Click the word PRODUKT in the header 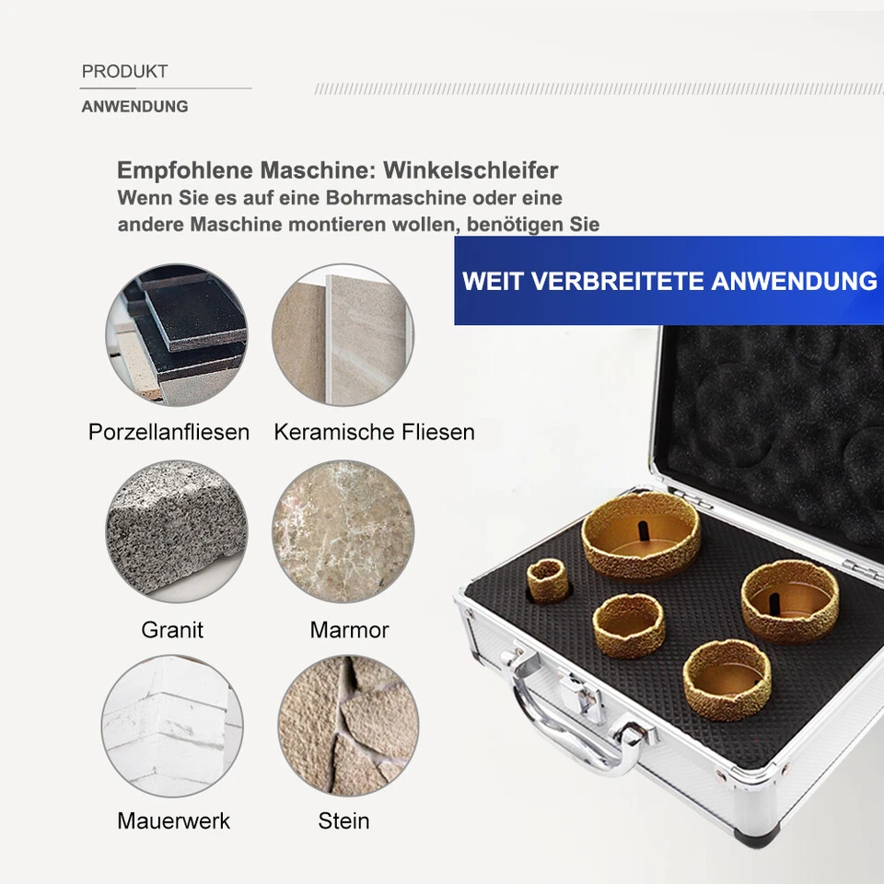(x=124, y=72)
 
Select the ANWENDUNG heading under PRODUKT (x=134, y=107)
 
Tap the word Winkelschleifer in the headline (x=471, y=170)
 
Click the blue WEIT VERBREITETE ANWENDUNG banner (x=669, y=281)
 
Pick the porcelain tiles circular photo (x=176, y=336)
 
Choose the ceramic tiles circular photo (x=343, y=336)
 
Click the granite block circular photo (x=176, y=531)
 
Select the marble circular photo (x=343, y=531)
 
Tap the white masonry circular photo (x=172, y=726)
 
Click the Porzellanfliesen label (x=169, y=432)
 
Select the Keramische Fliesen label (x=374, y=432)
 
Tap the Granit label (x=172, y=631)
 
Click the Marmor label (x=349, y=631)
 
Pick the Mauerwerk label (x=173, y=820)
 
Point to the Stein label (x=343, y=820)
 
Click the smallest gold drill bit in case (x=549, y=580)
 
